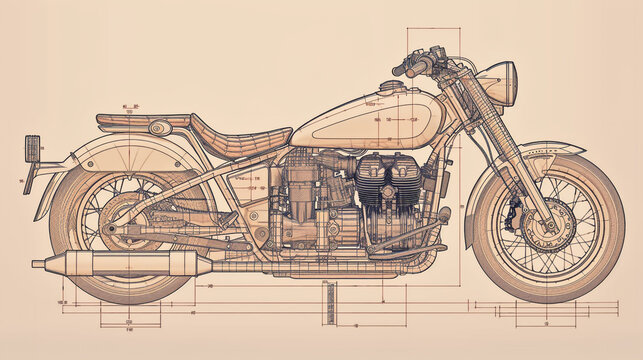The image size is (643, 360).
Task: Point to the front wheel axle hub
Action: click(x=549, y=225)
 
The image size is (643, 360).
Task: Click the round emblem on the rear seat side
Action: click(x=159, y=128)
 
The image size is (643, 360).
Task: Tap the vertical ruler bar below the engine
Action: click(x=325, y=302)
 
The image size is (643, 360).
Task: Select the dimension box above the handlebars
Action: click(x=433, y=40)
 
